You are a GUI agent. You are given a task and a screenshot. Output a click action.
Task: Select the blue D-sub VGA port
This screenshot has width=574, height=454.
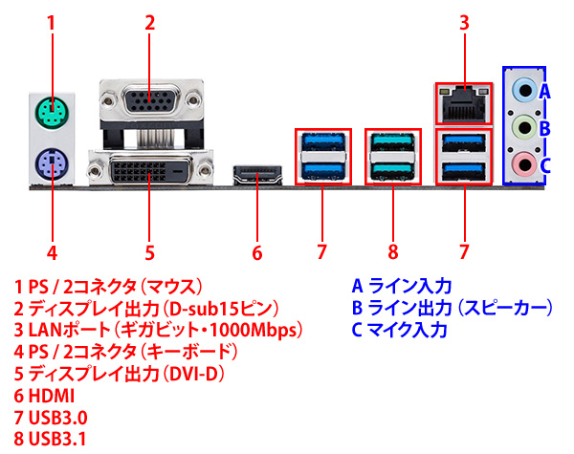pos(149,102)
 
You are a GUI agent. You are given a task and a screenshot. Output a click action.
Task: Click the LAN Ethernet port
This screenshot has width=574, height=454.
pos(463,100)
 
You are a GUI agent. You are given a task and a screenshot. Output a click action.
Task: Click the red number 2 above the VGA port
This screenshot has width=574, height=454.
pos(150,22)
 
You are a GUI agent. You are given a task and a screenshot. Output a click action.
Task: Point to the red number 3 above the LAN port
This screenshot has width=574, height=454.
pos(464,22)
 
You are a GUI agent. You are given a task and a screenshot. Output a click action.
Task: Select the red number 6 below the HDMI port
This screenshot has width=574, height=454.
pos(256,253)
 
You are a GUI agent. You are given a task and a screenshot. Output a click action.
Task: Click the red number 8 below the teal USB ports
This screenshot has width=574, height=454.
pos(391,253)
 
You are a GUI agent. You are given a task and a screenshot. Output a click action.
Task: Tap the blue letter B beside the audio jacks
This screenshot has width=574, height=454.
pos(544,128)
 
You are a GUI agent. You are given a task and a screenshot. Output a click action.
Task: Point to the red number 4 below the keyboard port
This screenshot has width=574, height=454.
pos(52,253)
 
